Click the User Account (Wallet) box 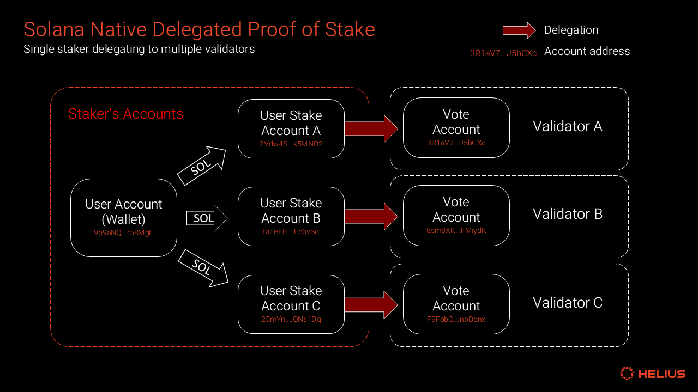tap(124, 218)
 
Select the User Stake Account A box tap(291, 128)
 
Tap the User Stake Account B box tap(291, 216)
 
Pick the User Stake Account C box tap(291, 304)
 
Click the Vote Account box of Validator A tap(456, 127)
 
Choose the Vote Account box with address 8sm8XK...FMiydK tap(456, 215)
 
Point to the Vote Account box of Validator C tap(456, 304)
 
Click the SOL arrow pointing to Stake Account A tap(201, 166)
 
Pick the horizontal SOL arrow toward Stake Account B tap(206, 218)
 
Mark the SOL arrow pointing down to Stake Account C tap(203, 267)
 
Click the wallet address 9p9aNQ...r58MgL tap(124, 232)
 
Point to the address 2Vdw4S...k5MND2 tap(291, 144)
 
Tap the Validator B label tap(567, 214)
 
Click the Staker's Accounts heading tap(125, 114)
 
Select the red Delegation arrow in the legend tap(519, 30)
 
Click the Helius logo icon tap(627, 373)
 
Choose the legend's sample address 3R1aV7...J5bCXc tap(503, 53)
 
